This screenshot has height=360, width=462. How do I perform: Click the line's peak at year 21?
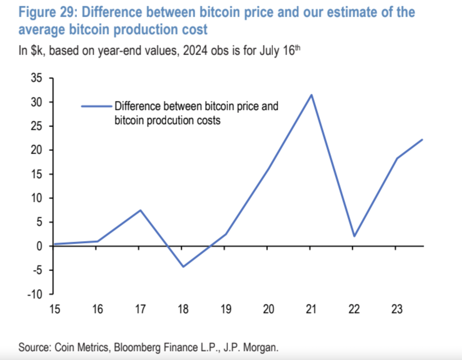pyautogui.click(x=311, y=95)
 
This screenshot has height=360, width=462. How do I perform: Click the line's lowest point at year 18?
pyautogui.click(x=183, y=266)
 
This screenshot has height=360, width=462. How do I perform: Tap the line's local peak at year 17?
pyautogui.click(x=140, y=210)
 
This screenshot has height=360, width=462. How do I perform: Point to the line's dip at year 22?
pyautogui.click(x=353, y=236)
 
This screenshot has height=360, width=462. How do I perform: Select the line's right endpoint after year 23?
pyautogui.click(x=422, y=139)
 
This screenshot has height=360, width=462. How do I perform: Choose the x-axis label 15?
pyautogui.click(x=55, y=309)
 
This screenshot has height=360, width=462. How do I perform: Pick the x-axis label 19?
pyautogui.click(x=226, y=309)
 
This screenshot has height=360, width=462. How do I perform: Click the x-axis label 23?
pyautogui.click(x=396, y=309)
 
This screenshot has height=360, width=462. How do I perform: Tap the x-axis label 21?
pyautogui.click(x=311, y=309)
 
